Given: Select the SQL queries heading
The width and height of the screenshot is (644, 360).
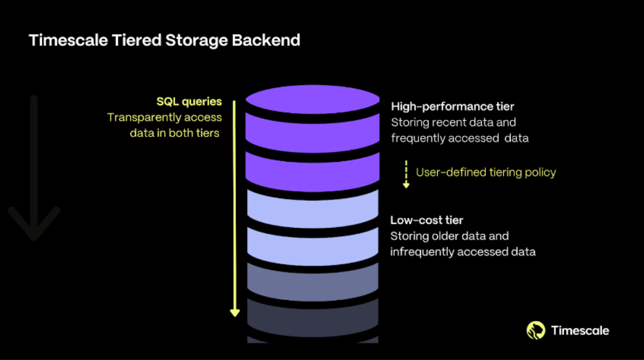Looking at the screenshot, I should (x=189, y=102).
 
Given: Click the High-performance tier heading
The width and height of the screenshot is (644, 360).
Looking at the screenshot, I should (x=452, y=106).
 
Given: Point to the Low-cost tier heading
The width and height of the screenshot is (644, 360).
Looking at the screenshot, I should (x=426, y=220).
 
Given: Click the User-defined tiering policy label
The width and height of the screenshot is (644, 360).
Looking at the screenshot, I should (x=486, y=172).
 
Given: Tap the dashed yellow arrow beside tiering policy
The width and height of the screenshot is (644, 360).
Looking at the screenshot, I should (x=406, y=174).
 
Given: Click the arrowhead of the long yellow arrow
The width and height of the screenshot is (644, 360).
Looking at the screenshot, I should (x=235, y=312).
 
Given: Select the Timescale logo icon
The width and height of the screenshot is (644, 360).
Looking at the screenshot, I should (x=536, y=331).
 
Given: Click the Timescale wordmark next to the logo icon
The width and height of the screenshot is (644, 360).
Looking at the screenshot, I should (x=580, y=331).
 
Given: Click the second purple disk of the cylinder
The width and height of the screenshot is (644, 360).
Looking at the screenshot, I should (x=313, y=168).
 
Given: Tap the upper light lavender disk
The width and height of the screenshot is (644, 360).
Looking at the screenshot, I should (x=313, y=207).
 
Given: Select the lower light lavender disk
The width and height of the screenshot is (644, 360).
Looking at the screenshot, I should (x=313, y=244).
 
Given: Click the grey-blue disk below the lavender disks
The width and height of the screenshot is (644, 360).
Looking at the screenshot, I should (x=313, y=281).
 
